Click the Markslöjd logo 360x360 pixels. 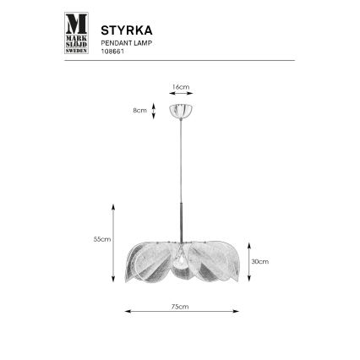click(x=77, y=33)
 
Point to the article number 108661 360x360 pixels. click(x=112, y=48)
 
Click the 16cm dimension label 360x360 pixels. click(x=179, y=87)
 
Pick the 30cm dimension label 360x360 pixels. click(x=261, y=262)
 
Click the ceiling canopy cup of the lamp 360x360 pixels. click(x=180, y=110)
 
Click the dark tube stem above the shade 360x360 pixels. click(x=180, y=224)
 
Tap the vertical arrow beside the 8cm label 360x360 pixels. click(x=153, y=111)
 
